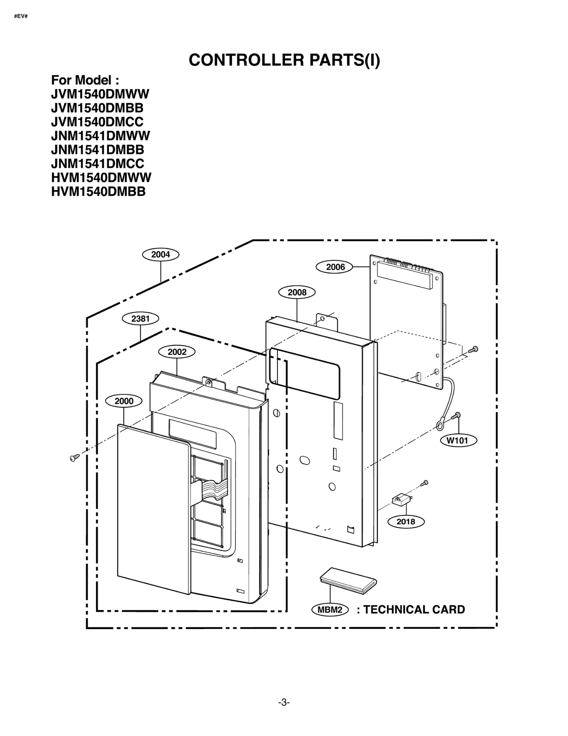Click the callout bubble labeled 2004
(160, 254)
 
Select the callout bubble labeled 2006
(334, 267)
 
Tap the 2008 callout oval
(297, 292)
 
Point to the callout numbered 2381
(140, 318)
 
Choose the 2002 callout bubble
(177, 352)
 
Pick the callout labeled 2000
(124, 401)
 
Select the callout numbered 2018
(405, 522)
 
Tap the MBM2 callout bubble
(330, 610)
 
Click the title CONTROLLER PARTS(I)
(284, 60)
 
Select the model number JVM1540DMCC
(97, 122)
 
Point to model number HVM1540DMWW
(101, 177)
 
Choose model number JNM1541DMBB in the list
(97, 149)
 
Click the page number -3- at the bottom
(284, 702)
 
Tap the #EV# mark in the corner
(21, 16)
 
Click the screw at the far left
(73, 458)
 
